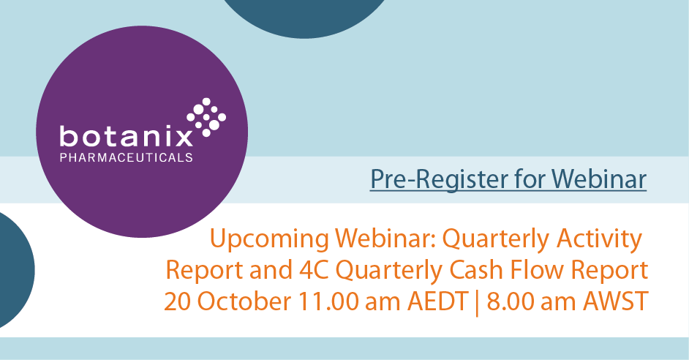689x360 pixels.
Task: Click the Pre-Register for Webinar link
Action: click(508, 179)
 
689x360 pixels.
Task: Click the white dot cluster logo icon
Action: click(207, 116)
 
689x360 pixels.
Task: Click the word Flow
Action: click(536, 270)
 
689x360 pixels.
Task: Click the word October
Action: click(238, 301)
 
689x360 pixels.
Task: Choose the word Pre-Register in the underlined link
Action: click(427, 179)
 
